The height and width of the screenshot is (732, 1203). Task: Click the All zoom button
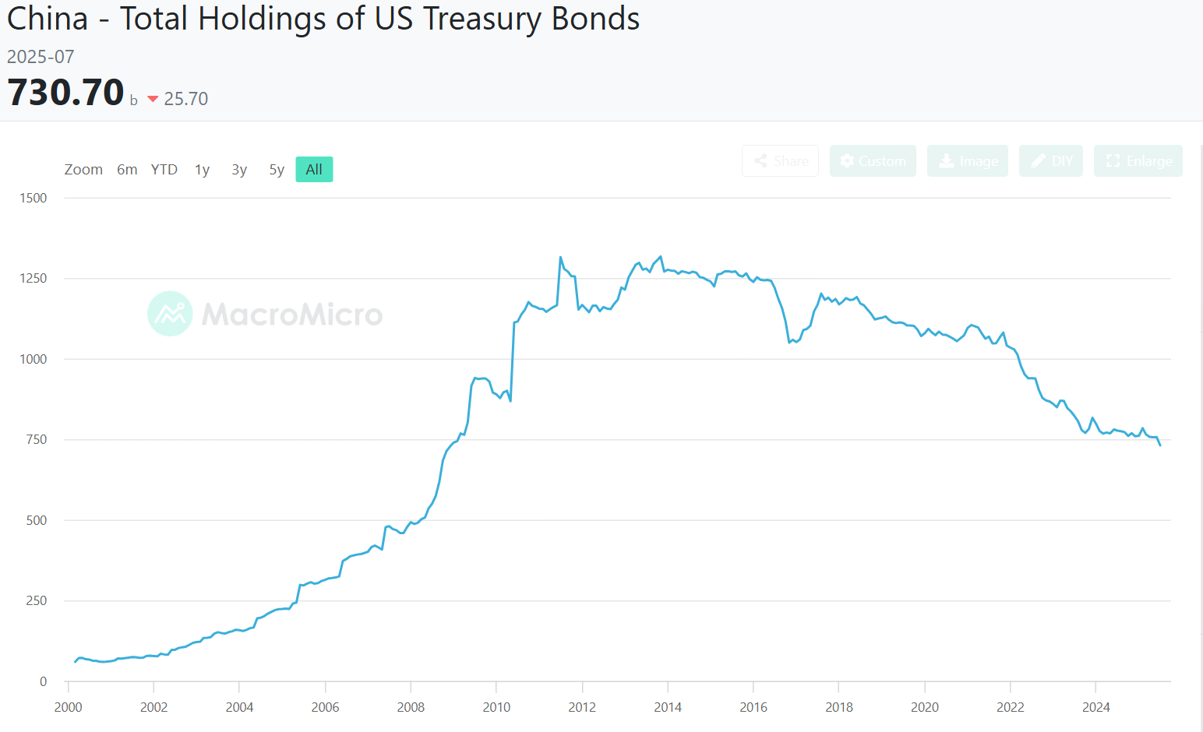pyautogui.click(x=314, y=170)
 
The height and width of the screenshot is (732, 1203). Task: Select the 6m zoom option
pyautogui.click(x=127, y=170)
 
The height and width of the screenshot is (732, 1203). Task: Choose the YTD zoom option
pyautogui.click(x=164, y=170)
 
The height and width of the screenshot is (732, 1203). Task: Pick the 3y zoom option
pyautogui.click(x=239, y=170)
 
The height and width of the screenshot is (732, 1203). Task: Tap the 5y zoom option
pyautogui.click(x=277, y=170)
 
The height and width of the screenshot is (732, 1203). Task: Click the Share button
pyautogui.click(x=781, y=161)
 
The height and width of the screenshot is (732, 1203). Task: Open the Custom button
pyautogui.click(x=873, y=161)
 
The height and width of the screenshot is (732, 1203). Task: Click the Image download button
pyautogui.click(x=968, y=161)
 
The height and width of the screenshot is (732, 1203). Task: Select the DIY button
pyautogui.click(x=1051, y=161)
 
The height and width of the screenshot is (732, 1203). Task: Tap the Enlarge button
pyautogui.click(x=1138, y=161)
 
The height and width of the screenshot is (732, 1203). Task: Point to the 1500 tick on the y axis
pyautogui.click(x=34, y=198)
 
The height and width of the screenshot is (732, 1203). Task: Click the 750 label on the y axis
pyautogui.click(x=37, y=439)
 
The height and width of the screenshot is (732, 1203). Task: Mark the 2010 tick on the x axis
pyautogui.click(x=496, y=707)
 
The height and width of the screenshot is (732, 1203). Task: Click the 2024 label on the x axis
pyautogui.click(x=1096, y=707)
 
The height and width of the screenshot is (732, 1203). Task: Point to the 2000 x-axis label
pyautogui.click(x=69, y=707)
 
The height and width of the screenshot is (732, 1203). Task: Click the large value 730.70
pyautogui.click(x=66, y=93)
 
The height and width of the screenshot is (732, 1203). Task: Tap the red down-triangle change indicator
pyautogui.click(x=153, y=99)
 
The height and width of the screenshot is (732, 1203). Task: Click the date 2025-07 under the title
pyautogui.click(x=41, y=57)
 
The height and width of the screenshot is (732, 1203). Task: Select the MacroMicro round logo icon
pyautogui.click(x=170, y=314)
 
